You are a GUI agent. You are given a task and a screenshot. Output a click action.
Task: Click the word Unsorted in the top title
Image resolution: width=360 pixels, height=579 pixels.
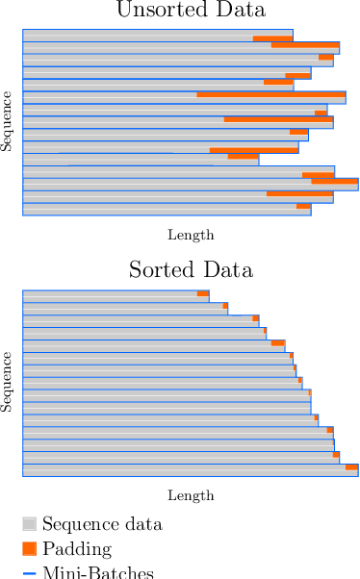click(x=154, y=12)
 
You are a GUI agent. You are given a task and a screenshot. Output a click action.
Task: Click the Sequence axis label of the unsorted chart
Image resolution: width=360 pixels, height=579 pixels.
click(x=7, y=121)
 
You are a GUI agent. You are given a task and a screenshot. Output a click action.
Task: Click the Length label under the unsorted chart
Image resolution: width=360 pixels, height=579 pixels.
click(x=191, y=235)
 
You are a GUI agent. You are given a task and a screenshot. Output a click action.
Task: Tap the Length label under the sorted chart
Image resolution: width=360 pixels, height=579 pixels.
click(x=191, y=495)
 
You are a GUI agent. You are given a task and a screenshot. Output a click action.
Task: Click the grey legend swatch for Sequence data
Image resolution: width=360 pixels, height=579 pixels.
click(x=29, y=524)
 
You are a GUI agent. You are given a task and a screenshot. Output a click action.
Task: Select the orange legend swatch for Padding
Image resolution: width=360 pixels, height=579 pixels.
click(x=29, y=548)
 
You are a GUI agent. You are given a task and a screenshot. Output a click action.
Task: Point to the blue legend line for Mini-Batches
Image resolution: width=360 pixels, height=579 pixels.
click(x=29, y=573)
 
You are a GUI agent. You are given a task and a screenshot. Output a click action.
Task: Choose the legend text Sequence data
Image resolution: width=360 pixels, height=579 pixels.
click(x=102, y=524)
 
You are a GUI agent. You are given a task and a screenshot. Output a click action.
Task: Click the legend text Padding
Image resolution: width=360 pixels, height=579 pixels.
click(x=77, y=549)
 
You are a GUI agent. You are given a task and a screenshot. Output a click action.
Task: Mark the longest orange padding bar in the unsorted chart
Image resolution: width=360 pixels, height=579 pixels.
click(x=270, y=94)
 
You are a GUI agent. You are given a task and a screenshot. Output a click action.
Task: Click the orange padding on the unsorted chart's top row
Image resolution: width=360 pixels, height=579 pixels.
click(x=272, y=38)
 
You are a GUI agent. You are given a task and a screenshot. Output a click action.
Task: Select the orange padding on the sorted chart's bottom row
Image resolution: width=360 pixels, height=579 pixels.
click(x=351, y=467)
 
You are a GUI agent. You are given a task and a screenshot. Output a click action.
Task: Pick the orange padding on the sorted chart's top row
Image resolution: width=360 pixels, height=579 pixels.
click(x=202, y=293)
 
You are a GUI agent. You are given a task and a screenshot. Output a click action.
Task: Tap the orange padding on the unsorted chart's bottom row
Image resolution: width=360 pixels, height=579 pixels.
click(x=303, y=206)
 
